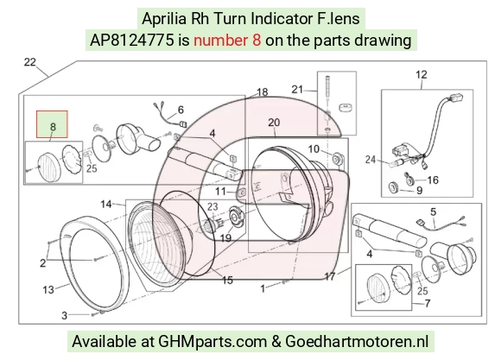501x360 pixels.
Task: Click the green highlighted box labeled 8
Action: (52, 124)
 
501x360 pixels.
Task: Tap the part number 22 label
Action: (29, 62)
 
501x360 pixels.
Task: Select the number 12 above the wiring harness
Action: (422, 74)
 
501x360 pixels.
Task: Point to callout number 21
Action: (297, 89)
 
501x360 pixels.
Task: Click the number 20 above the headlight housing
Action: (274, 123)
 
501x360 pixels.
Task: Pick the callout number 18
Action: (263, 92)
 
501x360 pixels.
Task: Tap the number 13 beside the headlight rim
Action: (48, 290)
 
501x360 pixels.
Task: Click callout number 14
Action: (106, 204)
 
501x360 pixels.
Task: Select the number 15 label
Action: (227, 280)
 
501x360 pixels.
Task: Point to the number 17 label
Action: (330, 276)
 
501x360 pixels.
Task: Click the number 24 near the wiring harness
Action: (371, 159)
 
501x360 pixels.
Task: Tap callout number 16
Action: (433, 180)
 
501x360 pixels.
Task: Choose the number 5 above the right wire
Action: (433, 212)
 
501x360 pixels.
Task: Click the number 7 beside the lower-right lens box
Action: (428, 303)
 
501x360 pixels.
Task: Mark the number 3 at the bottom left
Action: (64, 316)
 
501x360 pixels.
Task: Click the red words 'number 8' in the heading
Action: (227, 41)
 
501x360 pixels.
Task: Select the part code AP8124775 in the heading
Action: (132, 41)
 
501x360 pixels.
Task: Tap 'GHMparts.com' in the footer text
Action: (212, 341)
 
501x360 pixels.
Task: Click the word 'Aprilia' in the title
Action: (164, 18)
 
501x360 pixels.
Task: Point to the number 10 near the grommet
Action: (314, 148)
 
